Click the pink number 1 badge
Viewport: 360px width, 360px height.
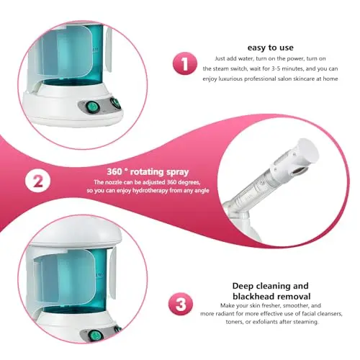(x=185, y=63)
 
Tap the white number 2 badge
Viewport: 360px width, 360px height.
(x=38, y=181)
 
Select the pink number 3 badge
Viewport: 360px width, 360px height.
(x=181, y=304)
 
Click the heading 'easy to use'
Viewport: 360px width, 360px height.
(x=270, y=48)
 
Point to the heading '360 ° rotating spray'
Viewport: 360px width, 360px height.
(x=148, y=172)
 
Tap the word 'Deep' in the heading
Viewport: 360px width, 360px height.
(x=243, y=287)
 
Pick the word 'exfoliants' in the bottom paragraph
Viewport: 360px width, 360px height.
(x=266, y=322)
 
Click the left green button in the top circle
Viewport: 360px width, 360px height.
(x=93, y=107)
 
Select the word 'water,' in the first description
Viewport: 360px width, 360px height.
(x=246, y=58)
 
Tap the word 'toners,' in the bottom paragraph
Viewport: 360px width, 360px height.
(x=235, y=322)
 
